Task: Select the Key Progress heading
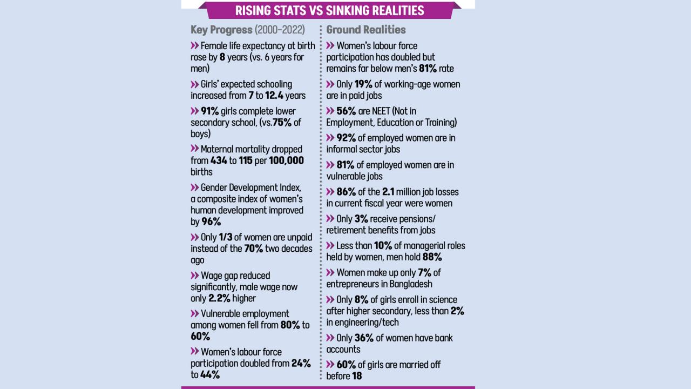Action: (221, 30)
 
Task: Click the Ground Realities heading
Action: (366, 30)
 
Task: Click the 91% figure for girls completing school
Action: (209, 111)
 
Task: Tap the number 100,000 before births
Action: (287, 160)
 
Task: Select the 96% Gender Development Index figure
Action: (211, 222)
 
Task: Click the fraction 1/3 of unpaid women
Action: (226, 238)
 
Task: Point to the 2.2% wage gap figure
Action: (219, 298)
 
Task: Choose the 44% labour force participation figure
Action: (210, 374)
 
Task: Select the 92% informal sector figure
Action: (345, 138)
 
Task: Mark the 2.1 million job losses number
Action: (392, 192)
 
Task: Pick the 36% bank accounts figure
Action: (364, 338)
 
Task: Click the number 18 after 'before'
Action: (357, 376)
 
